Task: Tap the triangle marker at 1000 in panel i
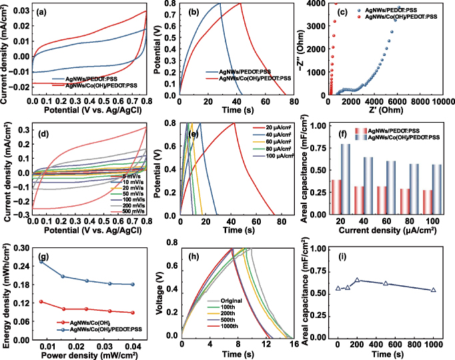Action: coord(434,290)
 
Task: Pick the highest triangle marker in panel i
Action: coord(357,281)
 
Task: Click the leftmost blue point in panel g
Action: coord(42,262)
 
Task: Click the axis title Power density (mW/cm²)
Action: coord(88,354)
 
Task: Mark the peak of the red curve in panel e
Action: coord(234,123)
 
